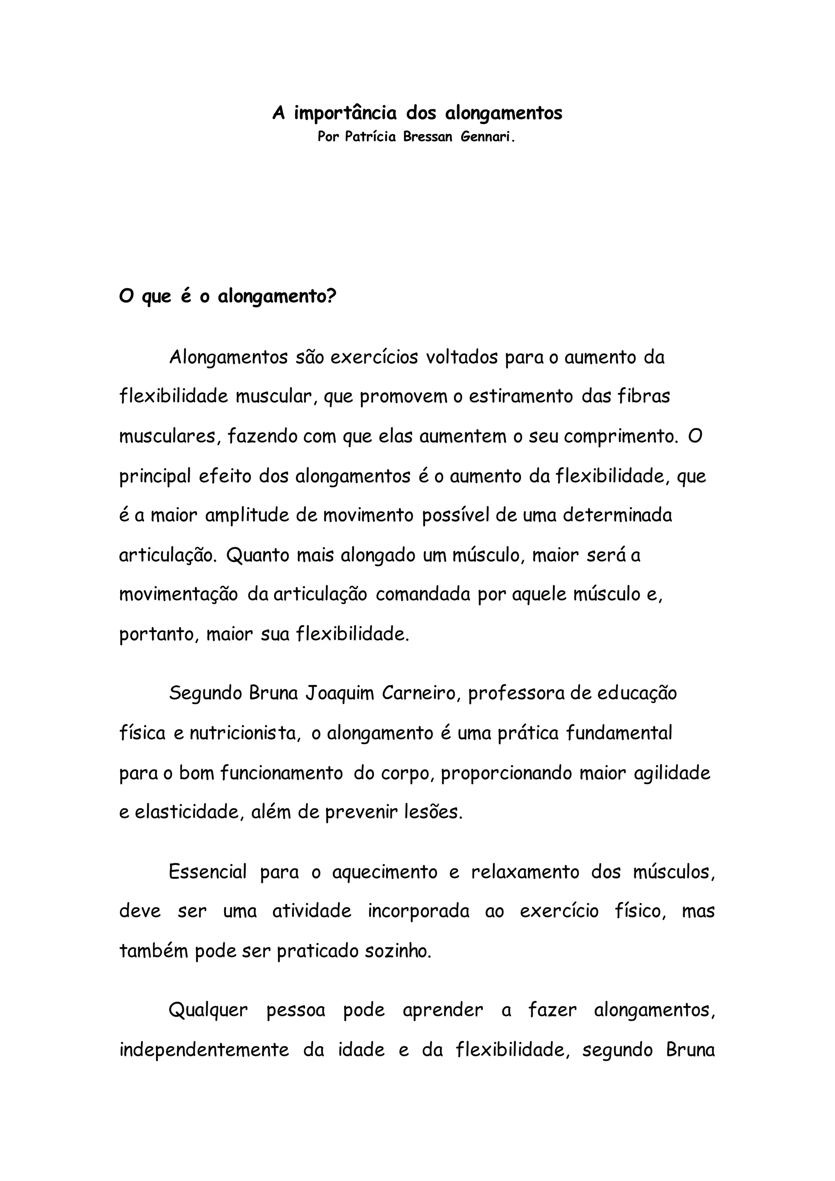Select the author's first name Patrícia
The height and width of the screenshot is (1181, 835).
coord(370,137)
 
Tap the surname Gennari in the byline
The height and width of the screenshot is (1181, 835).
coord(486,137)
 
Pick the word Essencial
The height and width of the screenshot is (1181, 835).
coord(208,872)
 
